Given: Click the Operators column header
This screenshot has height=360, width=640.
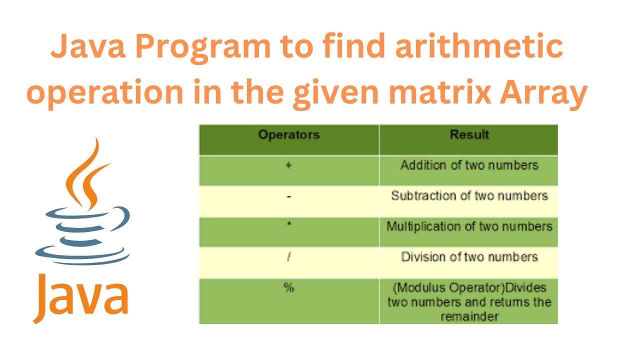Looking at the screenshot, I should pyautogui.click(x=288, y=134).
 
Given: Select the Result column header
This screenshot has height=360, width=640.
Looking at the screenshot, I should pyautogui.click(x=469, y=134).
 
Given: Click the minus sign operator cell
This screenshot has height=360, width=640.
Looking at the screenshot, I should pyautogui.click(x=288, y=197).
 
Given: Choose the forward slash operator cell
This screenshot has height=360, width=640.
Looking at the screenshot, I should pyautogui.click(x=288, y=257).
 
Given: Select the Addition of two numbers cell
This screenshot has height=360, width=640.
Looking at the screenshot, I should pyautogui.click(x=469, y=165).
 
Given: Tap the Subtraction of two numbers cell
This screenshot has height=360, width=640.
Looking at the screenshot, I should pyautogui.click(x=469, y=195).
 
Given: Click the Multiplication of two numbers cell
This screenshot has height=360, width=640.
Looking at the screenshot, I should pyautogui.click(x=469, y=226).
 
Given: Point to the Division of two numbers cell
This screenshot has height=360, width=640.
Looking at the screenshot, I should pyautogui.click(x=469, y=257).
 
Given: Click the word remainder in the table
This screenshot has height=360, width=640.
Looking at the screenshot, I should pyautogui.click(x=469, y=316).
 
